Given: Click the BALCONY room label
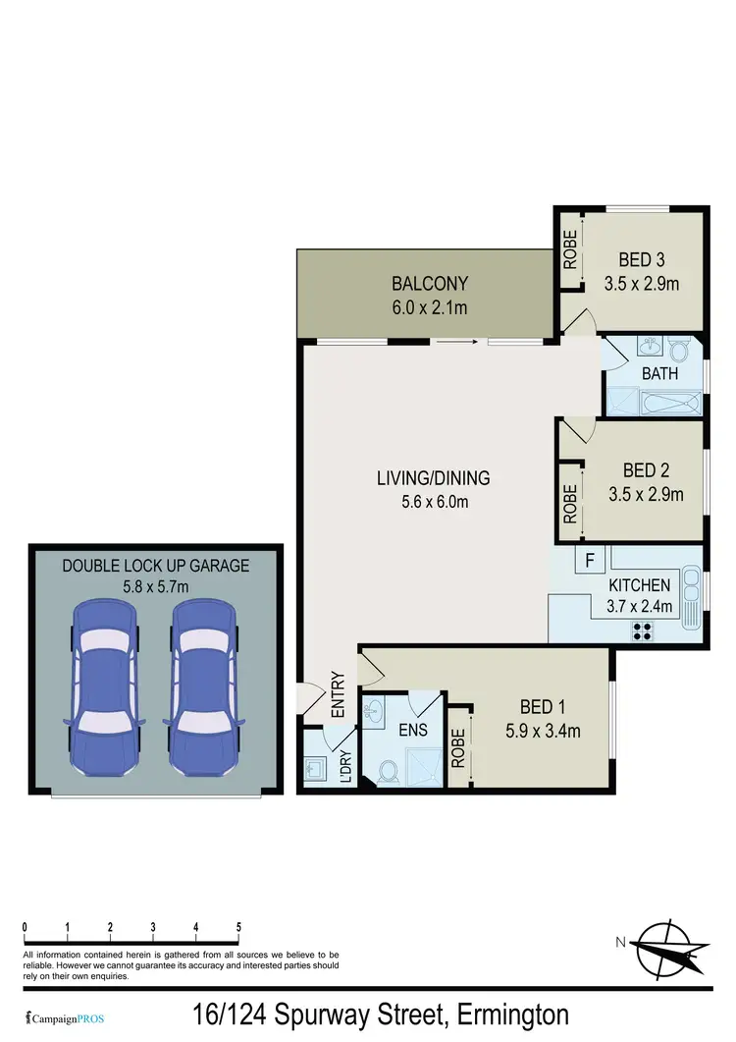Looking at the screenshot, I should pyautogui.click(x=430, y=284).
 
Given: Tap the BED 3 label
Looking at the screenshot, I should pyautogui.click(x=642, y=260).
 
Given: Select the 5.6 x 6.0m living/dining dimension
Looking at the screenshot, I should pyautogui.click(x=433, y=501).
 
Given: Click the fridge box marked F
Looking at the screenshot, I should pyautogui.click(x=590, y=562).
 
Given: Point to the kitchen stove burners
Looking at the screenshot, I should pyautogui.click(x=644, y=631).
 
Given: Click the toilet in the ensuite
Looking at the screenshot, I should pyautogui.click(x=387, y=772).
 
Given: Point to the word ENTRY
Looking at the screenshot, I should pyautogui.click(x=338, y=693).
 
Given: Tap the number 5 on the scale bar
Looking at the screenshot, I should pyautogui.click(x=238, y=927).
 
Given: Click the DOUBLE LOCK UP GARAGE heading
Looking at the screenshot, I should pyautogui.click(x=156, y=566).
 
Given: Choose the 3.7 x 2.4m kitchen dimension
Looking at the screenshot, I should pyautogui.click(x=638, y=606).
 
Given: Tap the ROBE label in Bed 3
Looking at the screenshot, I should pyautogui.click(x=569, y=250).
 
